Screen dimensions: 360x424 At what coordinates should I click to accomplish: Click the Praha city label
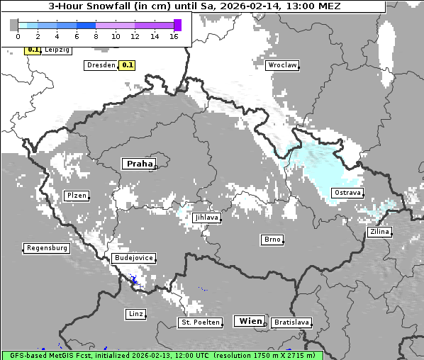click(x=139, y=164)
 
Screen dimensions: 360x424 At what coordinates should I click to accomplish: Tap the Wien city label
click(x=250, y=321)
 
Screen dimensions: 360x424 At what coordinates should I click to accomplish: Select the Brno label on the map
click(x=272, y=240)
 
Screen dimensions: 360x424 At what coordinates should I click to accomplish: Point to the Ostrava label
click(x=347, y=193)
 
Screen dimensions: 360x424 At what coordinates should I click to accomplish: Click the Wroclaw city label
click(x=282, y=65)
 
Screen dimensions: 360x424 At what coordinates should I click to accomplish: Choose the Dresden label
click(x=100, y=65)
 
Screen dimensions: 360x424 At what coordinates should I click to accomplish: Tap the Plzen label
click(x=76, y=196)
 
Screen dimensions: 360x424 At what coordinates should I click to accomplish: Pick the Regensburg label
click(x=47, y=248)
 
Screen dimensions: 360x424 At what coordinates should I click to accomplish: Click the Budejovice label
click(x=133, y=258)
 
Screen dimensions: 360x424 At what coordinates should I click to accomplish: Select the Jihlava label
click(x=206, y=218)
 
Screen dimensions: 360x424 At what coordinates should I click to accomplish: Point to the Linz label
click(x=135, y=313)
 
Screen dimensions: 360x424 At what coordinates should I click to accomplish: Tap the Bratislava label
click(x=291, y=322)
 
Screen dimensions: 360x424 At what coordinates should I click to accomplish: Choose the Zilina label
click(x=379, y=232)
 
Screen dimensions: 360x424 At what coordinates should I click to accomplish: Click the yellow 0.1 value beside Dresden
click(x=127, y=65)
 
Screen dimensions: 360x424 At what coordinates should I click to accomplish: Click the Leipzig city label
click(x=57, y=50)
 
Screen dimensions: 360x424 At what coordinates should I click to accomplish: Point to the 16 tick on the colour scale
click(x=174, y=36)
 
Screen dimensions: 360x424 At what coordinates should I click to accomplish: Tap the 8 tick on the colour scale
click(x=96, y=36)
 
